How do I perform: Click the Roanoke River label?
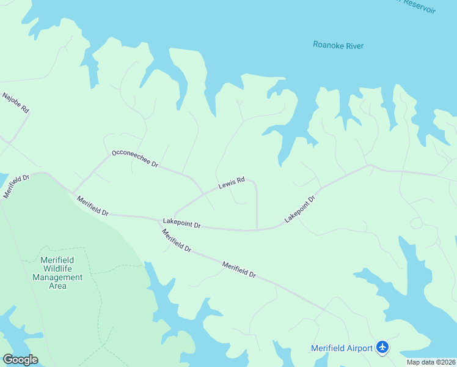pyautogui.click(x=338, y=45)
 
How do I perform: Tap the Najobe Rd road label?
pyautogui.click(x=16, y=103)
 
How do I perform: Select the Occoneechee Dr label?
pyautogui.click(x=134, y=159)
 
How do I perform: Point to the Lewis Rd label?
pyautogui.click(x=232, y=182)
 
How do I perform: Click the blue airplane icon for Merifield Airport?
pyautogui.click(x=383, y=347)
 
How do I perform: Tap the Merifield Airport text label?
pyautogui.click(x=342, y=348)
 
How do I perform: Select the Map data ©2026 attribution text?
pyautogui.click(x=431, y=362)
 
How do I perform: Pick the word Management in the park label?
pyautogui.click(x=57, y=277)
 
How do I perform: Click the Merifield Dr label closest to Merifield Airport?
pyautogui.click(x=239, y=270)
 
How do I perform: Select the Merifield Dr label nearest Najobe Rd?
pyautogui.click(x=16, y=186)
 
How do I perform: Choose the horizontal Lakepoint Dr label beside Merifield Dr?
pyautogui.click(x=181, y=223)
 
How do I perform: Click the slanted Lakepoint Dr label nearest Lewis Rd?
pyautogui.click(x=299, y=209)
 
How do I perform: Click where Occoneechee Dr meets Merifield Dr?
pyautogui.click(x=74, y=191)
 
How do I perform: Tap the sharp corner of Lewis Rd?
pyautogui.click(x=254, y=183)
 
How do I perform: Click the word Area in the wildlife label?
pyautogui.click(x=57, y=286)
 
